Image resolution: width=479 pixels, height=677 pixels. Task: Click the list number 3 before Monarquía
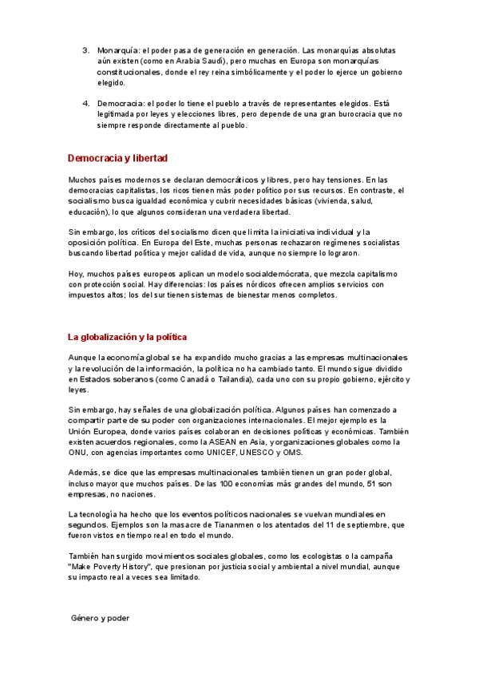click(85, 49)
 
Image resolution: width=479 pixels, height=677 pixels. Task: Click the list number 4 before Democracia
click(85, 103)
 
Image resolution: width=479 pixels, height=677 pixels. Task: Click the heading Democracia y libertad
click(117, 158)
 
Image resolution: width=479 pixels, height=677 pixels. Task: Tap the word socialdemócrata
click(239, 274)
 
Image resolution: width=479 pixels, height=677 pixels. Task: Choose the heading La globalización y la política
click(128, 336)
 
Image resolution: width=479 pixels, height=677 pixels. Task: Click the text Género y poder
click(100, 618)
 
